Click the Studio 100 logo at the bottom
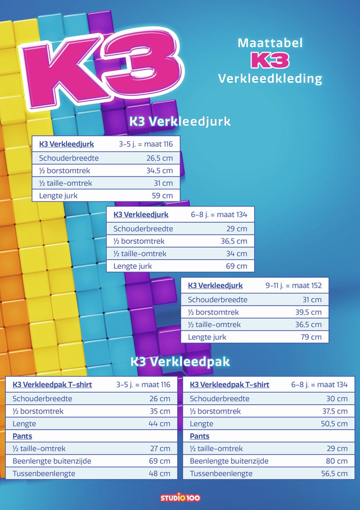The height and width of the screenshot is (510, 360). pyautogui.click(x=180, y=498)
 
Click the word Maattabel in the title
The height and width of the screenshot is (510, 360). pyautogui.click(x=270, y=43)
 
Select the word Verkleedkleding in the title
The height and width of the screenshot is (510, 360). pyautogui.click(x=270, y=79)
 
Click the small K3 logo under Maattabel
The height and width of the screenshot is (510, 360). pyautogui.click(x=270, y=61)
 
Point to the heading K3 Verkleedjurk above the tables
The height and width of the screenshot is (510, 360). pyautogui.click(x=180, y=122)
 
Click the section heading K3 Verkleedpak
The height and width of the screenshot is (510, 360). pyautogui.click(x=180, y=362)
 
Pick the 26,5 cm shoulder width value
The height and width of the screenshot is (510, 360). pyautogui.click(x=157, y=158)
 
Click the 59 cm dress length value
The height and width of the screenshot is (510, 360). pyautogui.click(x=162, y=196)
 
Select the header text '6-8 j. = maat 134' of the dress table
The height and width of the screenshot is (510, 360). pyautogui.click(x=219, y=215)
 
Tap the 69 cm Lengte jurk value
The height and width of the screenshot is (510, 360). pyautogui.click(x=237, y=266)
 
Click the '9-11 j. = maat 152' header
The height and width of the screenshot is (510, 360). pyautogui.click(x=294, y=286)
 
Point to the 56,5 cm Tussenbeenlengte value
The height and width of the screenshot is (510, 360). pyautogui.click(x=334, y=473)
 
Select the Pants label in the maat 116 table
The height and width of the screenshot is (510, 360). pyautogui.click(x=23, y=436)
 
